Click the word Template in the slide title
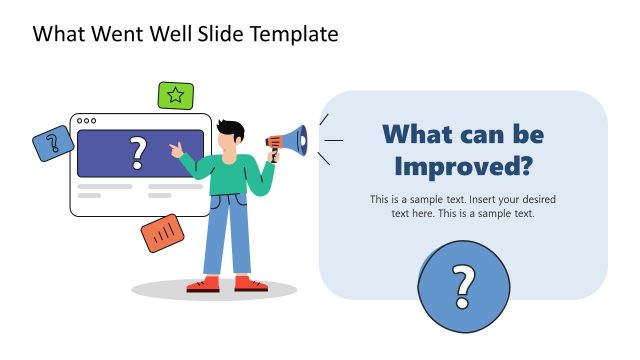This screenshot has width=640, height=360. click(x=290, y=35)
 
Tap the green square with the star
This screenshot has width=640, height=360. click(x=176, y=96)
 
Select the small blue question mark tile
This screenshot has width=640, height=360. click(x=53, y=143)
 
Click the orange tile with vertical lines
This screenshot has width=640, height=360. click(x=163, y=232)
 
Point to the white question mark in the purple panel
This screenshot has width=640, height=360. click(x=138, y=153)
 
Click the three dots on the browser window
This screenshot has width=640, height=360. click(x=87, y=121)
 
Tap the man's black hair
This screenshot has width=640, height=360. click(x=231, y=130)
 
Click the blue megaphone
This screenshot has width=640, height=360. click(x=290, y=141)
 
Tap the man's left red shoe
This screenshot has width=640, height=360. click(x=203, y=284)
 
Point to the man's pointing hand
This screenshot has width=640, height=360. click(x=177, y=150)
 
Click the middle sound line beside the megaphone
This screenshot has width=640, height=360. click(x=334, y=140)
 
